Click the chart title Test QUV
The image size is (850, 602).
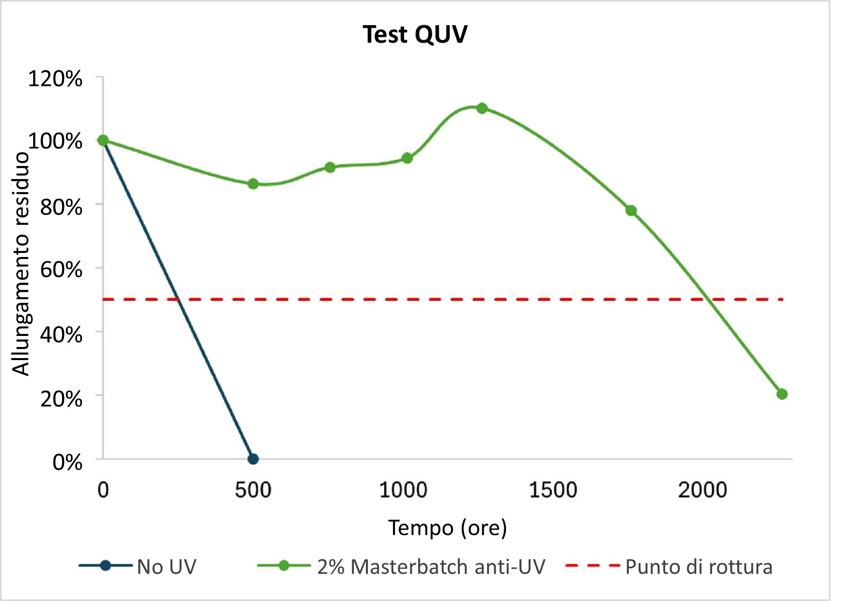click(415, 35)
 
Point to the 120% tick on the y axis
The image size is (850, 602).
click(55, 79)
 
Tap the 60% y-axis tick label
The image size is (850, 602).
click(61, 270)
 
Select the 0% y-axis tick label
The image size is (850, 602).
click(67, 462)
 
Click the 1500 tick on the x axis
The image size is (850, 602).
click(553, 490)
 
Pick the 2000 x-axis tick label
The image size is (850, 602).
click(702, 490)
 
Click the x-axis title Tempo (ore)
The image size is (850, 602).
click(447, 528)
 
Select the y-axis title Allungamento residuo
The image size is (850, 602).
click(21, 264)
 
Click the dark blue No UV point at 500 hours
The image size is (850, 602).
click(253, 459)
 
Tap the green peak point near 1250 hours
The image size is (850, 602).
click(482, 108)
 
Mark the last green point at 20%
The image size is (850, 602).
click(782, 394)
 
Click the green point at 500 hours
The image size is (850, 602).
click(253, 184)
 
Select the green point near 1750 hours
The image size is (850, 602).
click(631, 211)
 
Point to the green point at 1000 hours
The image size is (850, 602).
click(407, 158)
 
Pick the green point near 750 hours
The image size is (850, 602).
click(330, 167)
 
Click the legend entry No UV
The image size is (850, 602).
click(166, 567)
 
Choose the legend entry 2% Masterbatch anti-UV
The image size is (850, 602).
click(431, 567)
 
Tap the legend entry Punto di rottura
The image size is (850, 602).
click(699, 567)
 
